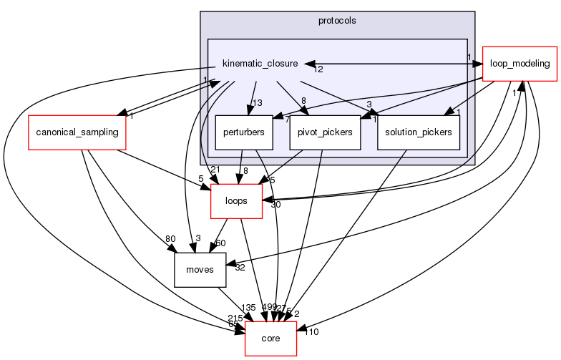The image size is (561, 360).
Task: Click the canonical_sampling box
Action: pyautogui.click(x=77, y=132)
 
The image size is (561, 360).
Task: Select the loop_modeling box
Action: pyautogui.click(x=520, y=64)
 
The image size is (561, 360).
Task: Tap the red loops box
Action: pyautogui.click(x=236, y=201)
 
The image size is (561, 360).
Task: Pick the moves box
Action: pyautogui.click(x=200, y=270)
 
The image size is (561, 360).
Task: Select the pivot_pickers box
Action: pyautogui.click(x=324, y=132)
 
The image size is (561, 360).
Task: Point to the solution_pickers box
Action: pyautogui.click(x=419, y=132)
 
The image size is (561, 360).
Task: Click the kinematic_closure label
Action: pyautogui.click(x=260, y=64)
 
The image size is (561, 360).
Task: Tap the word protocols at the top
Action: pyautogui.click(x=337, y=19)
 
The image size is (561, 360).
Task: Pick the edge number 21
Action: pyautogui.click(x=215, y=169)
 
